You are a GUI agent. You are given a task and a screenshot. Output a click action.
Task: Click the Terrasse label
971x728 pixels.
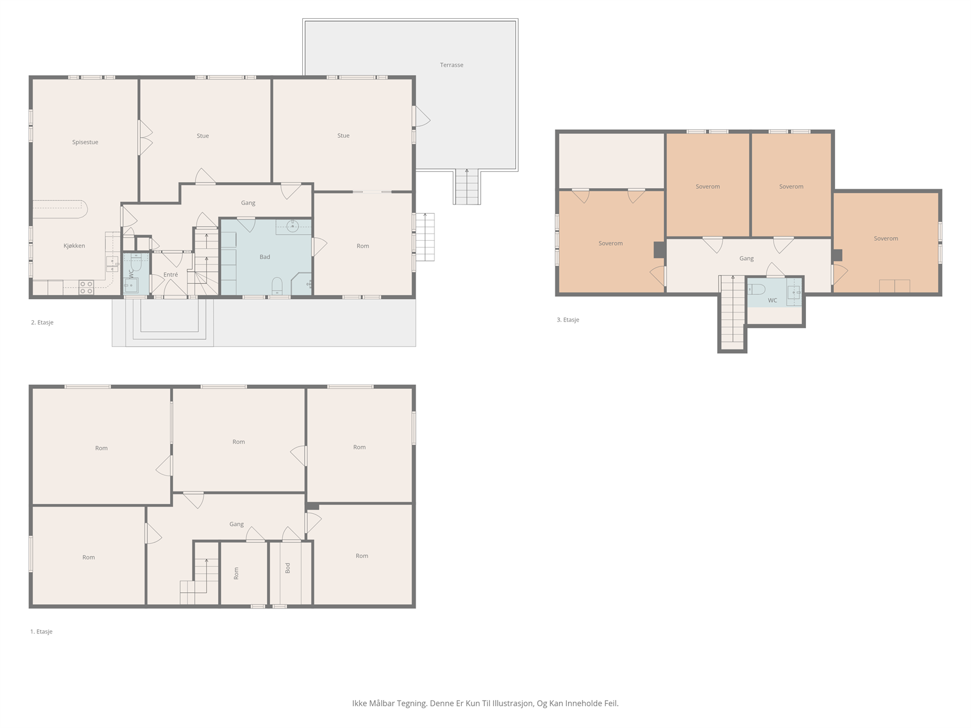point(452,65)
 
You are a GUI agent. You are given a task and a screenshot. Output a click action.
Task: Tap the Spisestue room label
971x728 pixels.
point(85,143)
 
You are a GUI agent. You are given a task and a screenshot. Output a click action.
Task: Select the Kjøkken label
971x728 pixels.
point(74,246)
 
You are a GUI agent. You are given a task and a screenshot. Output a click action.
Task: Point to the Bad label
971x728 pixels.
point(265,257)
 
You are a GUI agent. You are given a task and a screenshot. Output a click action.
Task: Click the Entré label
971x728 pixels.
point(171,274)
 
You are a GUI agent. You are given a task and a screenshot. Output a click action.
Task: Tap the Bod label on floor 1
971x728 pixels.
point(288,568)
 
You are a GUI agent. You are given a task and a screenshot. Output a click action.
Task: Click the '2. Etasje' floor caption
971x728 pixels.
point(42,323)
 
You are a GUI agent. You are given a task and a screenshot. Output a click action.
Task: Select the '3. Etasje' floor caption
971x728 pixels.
point(567,320)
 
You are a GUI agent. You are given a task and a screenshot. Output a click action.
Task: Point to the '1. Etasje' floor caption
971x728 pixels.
point(41,632)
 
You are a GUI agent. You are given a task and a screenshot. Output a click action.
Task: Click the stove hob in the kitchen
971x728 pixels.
point(86,288)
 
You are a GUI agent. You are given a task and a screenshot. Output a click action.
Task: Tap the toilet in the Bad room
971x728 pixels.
point(277,286)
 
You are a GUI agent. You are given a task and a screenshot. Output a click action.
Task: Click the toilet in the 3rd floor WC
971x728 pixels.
point(756,289)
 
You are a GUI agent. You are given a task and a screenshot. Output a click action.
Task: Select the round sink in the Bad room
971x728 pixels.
point(293,227)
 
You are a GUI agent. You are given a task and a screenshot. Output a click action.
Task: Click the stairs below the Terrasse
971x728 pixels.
point(467,187)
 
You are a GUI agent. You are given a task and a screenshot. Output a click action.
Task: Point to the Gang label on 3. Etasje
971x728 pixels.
point(746,258)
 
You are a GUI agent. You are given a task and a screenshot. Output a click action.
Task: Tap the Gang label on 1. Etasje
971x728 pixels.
point(236,524)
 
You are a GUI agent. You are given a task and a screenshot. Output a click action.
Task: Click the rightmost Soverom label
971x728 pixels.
point(885,238)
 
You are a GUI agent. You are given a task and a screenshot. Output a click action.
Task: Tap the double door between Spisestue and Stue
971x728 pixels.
point(145,138)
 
